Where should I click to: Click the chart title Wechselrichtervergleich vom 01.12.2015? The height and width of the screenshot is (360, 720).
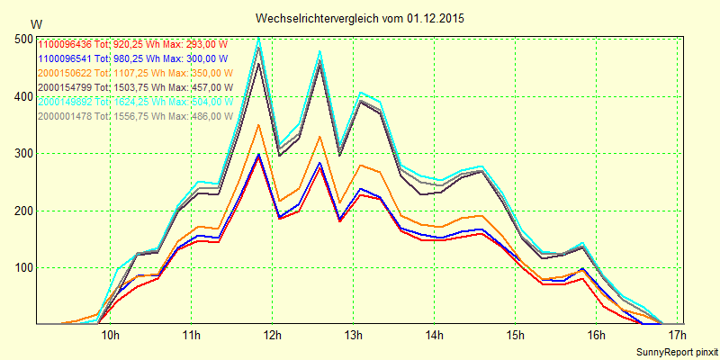tap(360, 18)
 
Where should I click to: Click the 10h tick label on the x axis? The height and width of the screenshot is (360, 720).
tap(111, 336)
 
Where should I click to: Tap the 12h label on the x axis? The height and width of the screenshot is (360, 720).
tap(272, 336)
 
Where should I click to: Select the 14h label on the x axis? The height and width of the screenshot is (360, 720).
tap(434, 336)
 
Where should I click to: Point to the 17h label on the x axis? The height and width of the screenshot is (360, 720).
tap(676, 336)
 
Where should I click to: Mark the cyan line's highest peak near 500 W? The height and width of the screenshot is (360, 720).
tap(259, 38)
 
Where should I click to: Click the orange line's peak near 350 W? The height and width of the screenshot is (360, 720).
tap(259, 125)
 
